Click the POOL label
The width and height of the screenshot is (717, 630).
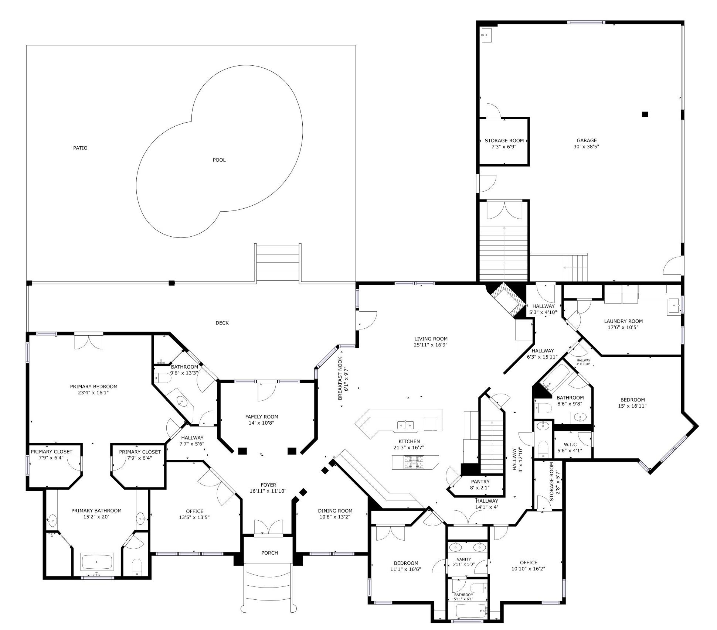point(219,160)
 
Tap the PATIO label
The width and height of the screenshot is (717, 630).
point(80,148)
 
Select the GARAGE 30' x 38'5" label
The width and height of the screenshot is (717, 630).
point(587,143)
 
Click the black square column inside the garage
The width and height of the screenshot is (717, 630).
point(645,114)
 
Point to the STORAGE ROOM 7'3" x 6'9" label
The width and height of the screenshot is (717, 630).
point(504,143)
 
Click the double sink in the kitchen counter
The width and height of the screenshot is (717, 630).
point(405,425)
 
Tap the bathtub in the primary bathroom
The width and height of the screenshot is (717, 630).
point(97,562)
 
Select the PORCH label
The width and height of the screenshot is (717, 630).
point(269,553)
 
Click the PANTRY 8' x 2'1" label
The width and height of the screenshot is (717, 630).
point(480,485)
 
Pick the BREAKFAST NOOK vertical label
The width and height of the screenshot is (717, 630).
point(343,378)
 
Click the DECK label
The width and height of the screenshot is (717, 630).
point(222,323)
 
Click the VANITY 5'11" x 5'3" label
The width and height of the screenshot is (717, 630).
point(463,562)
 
